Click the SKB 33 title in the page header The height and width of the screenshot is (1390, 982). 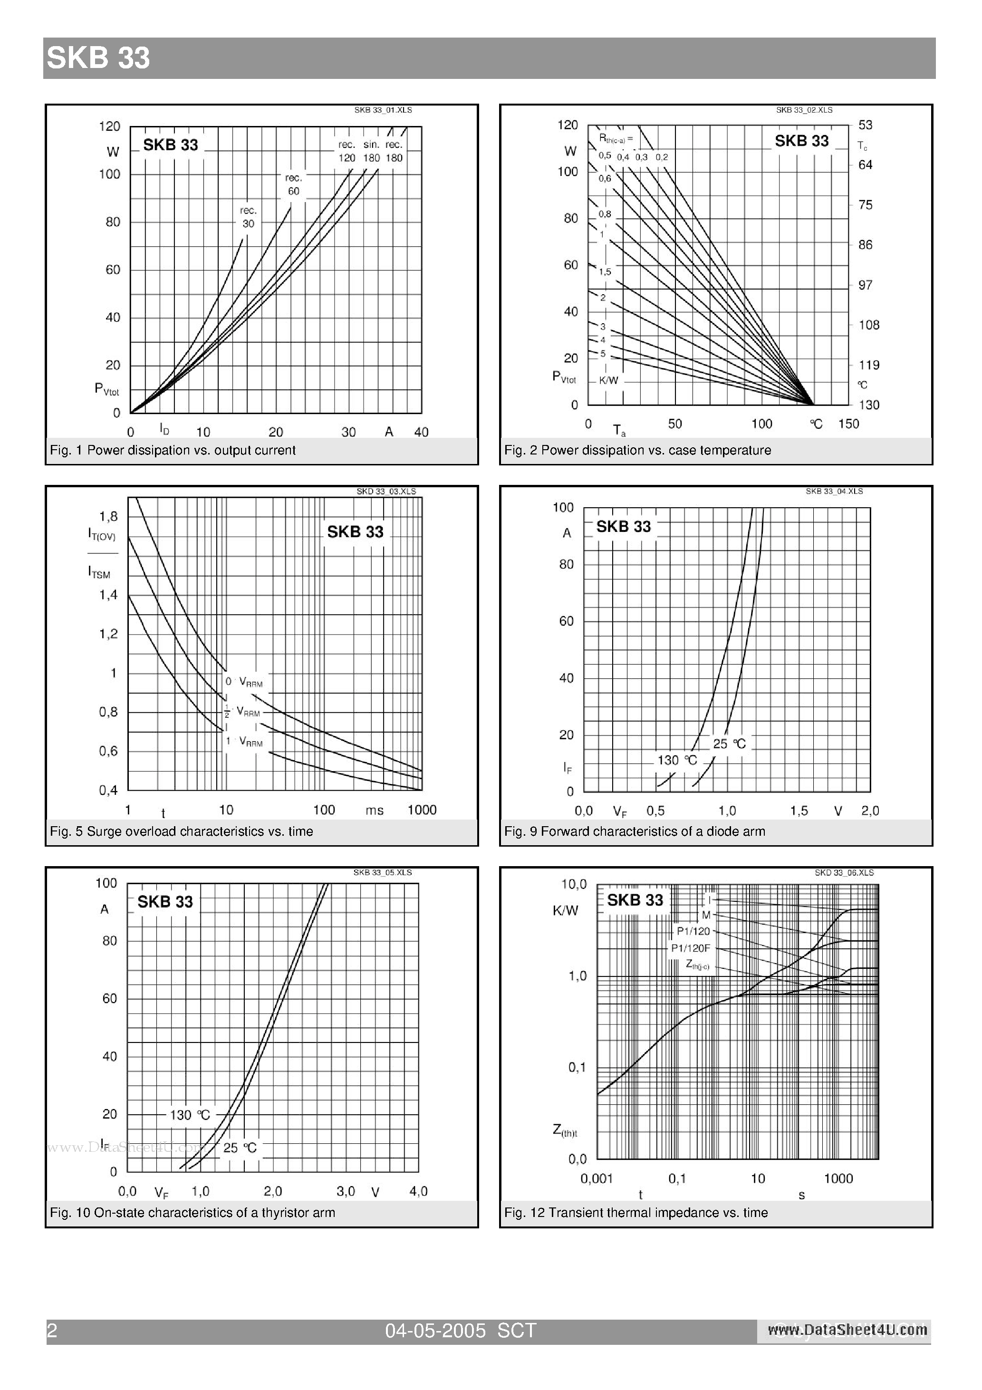[98, 58]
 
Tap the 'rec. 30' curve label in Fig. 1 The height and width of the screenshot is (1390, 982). [248, 217]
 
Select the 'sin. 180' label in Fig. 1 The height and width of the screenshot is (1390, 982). [371, 151]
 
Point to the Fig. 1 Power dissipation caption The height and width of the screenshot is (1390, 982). [173, 450]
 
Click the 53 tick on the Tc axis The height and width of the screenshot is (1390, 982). [865, 125]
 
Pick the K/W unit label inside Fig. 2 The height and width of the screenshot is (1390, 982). [608, 380]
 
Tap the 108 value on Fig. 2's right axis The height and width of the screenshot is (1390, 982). [869, 325]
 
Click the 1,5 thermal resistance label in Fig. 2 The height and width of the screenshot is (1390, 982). [605, 272]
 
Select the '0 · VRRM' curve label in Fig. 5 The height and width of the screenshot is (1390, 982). [244, 682]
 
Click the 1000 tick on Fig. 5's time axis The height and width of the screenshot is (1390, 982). [422, 810]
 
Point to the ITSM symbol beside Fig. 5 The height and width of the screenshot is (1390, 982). [99, 572]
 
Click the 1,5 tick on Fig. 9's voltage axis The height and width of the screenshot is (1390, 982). [799, 811]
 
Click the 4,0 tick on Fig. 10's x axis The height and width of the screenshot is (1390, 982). [418, 1191]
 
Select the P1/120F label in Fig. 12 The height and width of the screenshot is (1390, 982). [690, 948]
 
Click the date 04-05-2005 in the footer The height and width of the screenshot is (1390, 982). [435, 1330]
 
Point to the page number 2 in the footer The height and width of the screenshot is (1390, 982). [52, 1330]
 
